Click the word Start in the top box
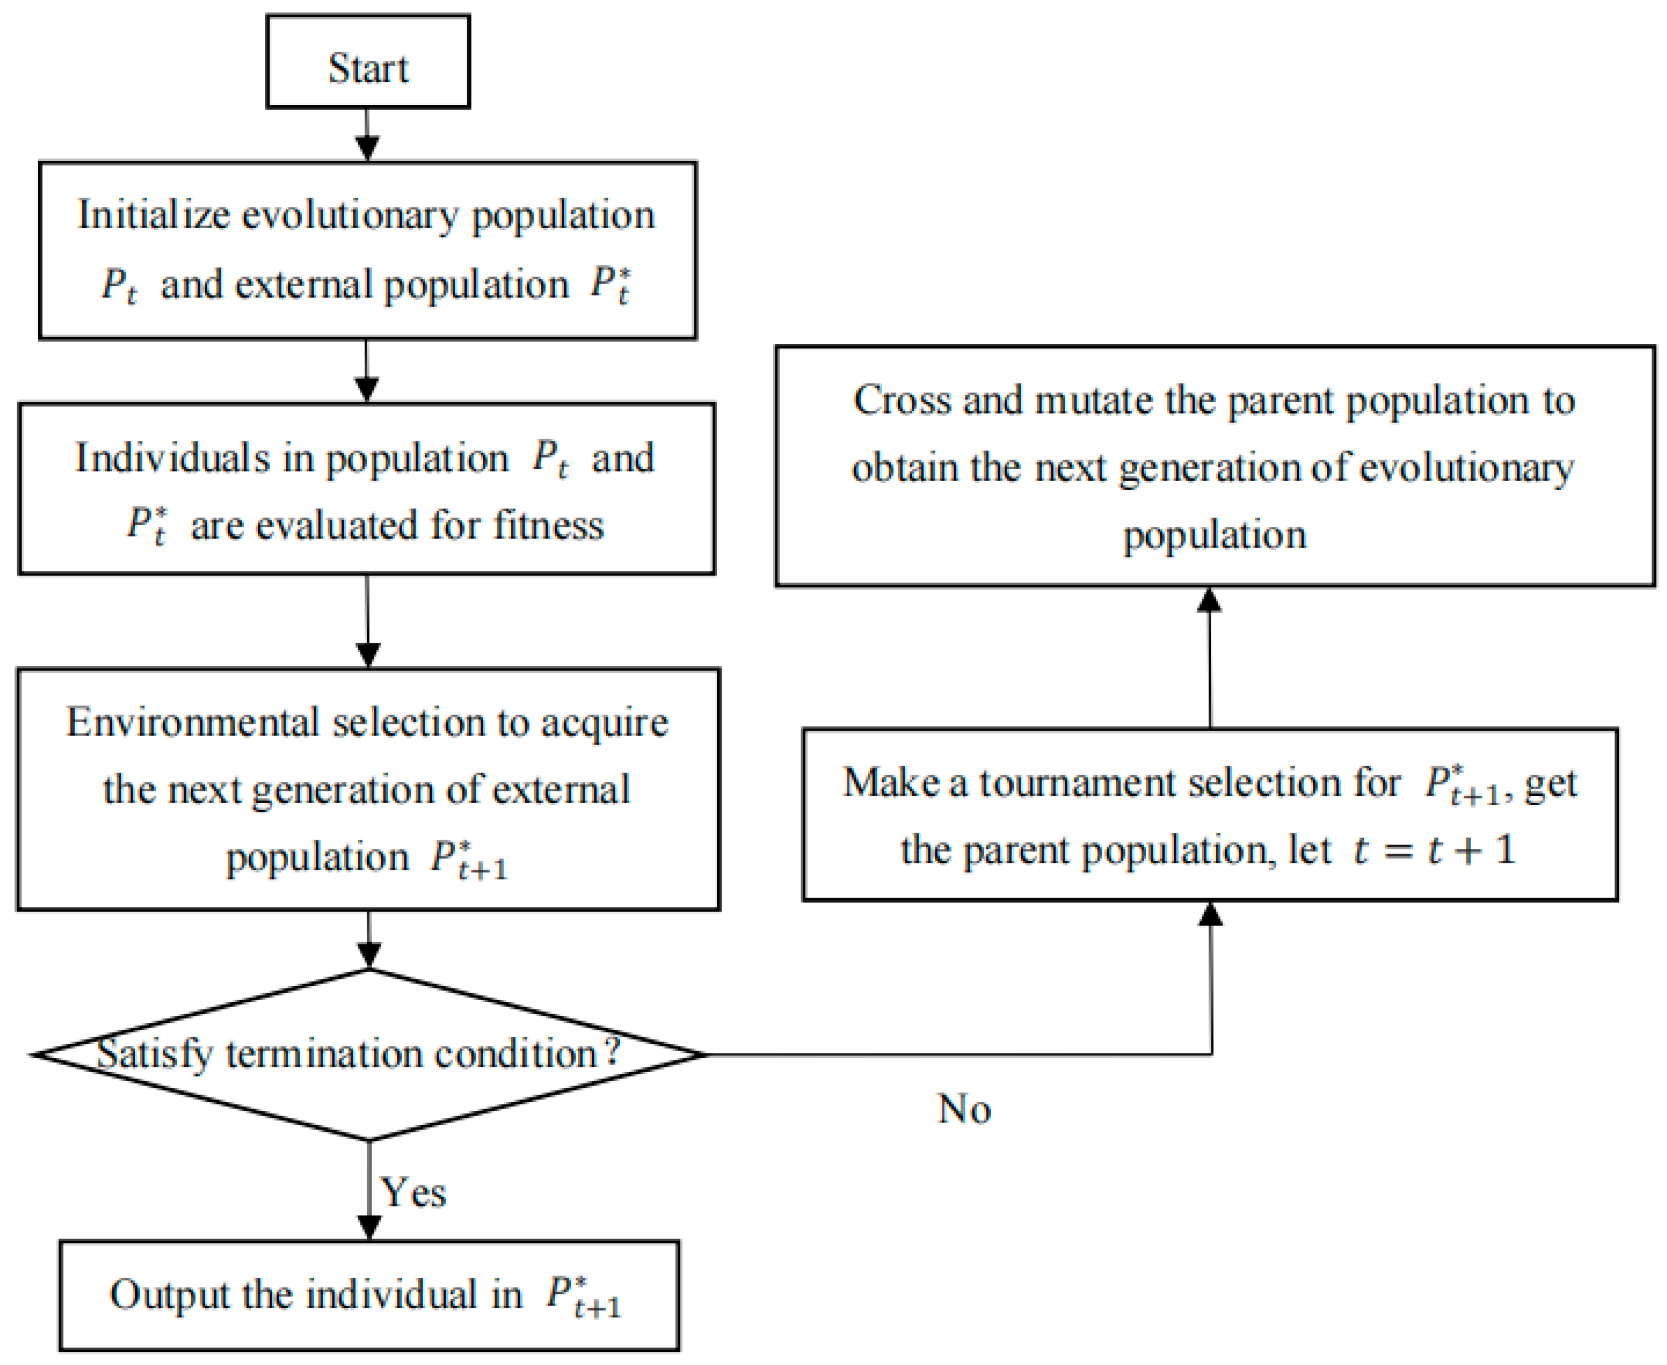point(368,68)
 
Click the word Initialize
point(154,215)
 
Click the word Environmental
point(191,722)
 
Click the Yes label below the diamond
point(413,1192)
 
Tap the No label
point(964,1108)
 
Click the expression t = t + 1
point(1434,850)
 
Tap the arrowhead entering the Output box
point(369,1226)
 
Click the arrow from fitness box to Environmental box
point(368,621)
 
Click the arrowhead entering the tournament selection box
point(1210,914)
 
